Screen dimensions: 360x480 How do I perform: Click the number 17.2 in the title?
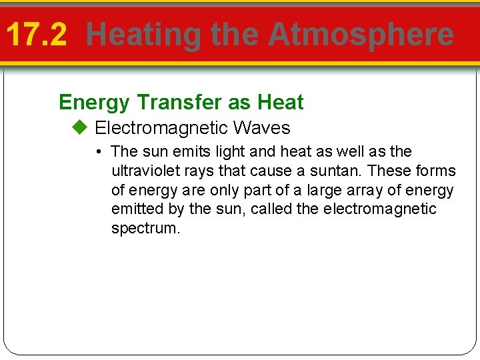(x=37, y=35)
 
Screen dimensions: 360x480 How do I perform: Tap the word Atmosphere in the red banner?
(x=361, y=35)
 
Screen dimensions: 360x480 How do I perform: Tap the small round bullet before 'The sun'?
(x=98, y=152)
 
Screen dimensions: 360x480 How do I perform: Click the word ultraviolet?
(x=142, y=171)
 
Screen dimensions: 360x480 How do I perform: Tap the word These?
(x=390, y=171)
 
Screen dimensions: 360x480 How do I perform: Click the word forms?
(x=435, y=171)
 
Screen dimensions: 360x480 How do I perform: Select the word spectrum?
(x=145, y=229)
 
